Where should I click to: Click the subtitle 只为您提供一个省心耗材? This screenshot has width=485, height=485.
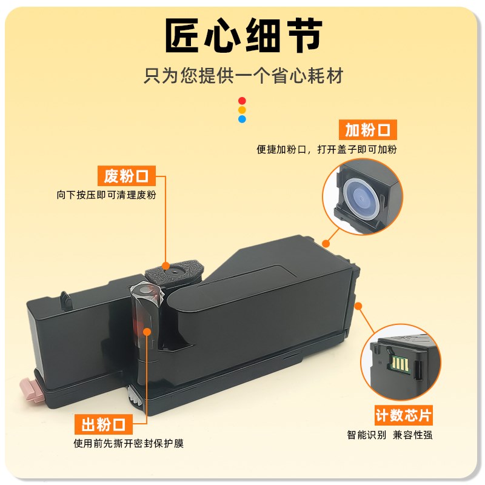pyautogui.click(x=243, y=76)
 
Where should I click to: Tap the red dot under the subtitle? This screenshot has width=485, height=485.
pyautogui.click(x=242, y=101)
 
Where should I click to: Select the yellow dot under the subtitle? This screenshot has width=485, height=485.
pyautogui.click(x=242, y=110)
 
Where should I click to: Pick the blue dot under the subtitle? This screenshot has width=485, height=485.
pyautogui.click(x=242, y=119)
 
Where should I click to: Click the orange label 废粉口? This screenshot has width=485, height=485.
pyautogui.click(x=126, y=177)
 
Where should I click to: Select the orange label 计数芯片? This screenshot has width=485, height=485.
pyautogui.click(x=403, y=416)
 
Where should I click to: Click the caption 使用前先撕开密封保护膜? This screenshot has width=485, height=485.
pyautogui.click(x=129, y=443)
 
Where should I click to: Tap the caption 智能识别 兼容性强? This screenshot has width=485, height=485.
pyautogui.click(x=390, y=435)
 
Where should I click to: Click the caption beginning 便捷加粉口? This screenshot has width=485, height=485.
pyautogui.click(x=327, y=149)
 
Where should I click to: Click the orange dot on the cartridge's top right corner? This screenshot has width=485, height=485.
pyautogui.click(x=326, y=243)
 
